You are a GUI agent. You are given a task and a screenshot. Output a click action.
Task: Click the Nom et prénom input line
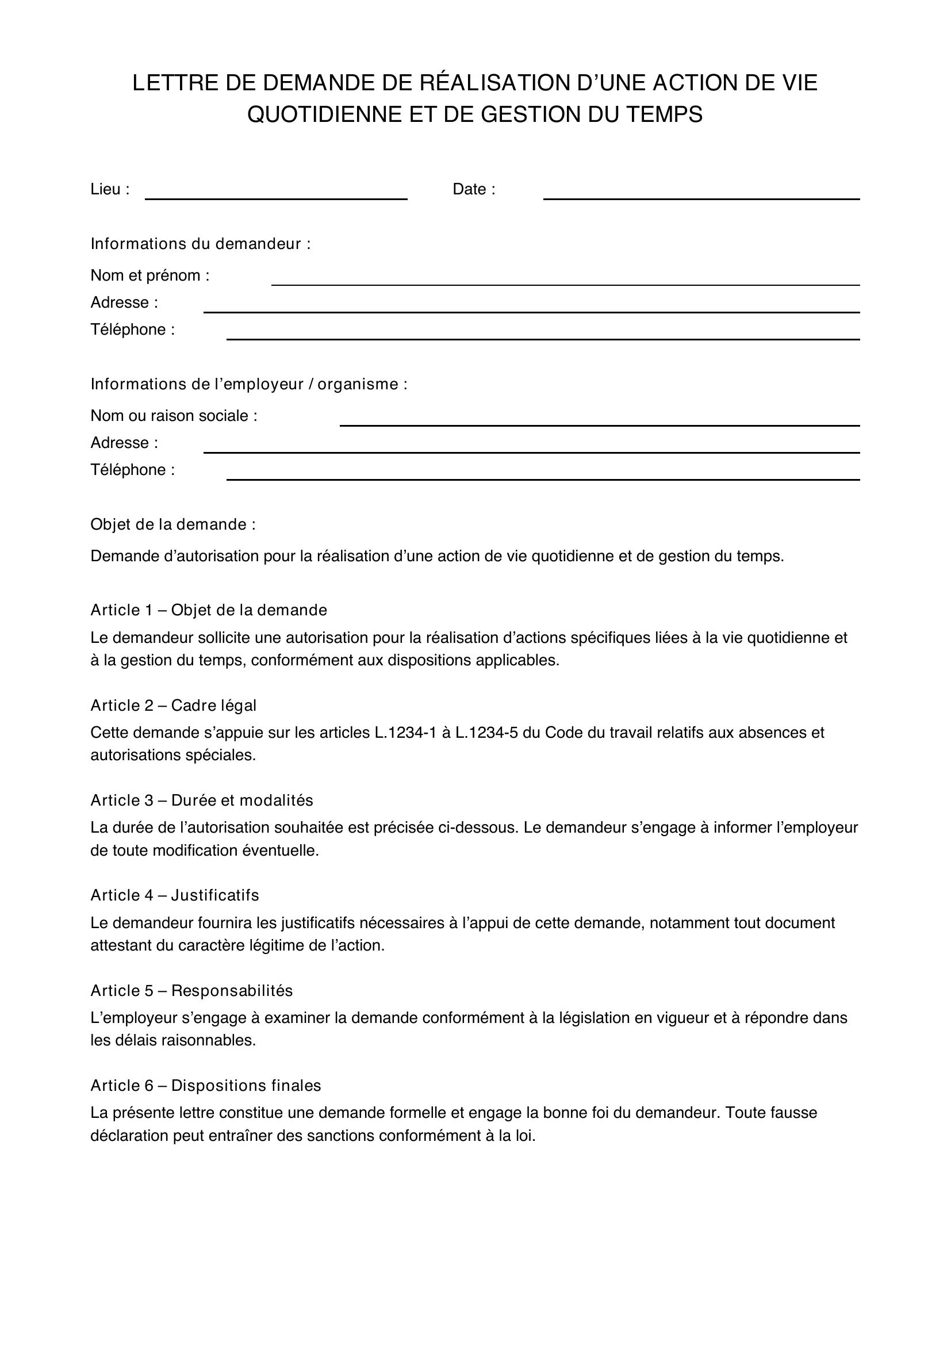[565, 280]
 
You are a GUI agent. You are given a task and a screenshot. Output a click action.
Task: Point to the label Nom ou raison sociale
[173, 416]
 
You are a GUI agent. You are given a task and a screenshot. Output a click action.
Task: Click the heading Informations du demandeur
[200, 244]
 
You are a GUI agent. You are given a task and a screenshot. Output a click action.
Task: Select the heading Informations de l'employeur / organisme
[249, 384]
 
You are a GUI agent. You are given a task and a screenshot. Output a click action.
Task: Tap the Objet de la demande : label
[172, 524]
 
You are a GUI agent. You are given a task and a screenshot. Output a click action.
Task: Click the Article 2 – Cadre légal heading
[173, 706]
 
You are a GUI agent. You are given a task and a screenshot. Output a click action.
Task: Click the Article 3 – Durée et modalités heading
[201, 800]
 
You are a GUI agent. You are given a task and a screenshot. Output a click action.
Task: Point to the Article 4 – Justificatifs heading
[175, 895]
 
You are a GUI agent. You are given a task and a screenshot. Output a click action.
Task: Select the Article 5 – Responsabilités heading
[191, 991]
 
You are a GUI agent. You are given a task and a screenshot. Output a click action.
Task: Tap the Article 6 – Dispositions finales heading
[205, 1086]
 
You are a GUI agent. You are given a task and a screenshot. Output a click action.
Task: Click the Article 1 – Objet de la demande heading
[209, 611]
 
